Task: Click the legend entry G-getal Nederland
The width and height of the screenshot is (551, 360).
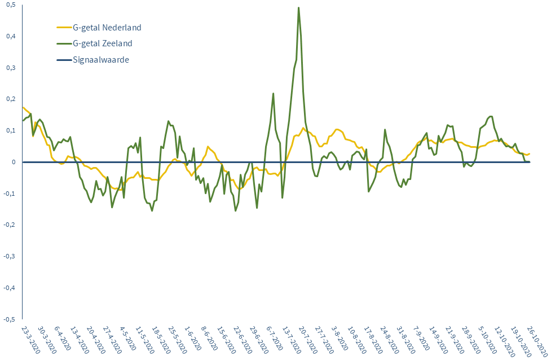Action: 107,27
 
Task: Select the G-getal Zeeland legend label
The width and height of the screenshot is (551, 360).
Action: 103,43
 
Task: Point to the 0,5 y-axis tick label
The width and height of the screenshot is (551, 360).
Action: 11,5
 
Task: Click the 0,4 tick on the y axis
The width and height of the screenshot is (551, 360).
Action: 11,37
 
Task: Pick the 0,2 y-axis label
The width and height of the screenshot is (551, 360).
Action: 11,99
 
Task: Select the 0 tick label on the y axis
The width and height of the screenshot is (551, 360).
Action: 14,162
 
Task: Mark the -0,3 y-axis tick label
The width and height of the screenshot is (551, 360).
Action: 10,256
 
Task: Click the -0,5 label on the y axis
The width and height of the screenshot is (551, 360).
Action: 10,319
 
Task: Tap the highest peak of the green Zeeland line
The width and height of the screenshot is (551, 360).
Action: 298,8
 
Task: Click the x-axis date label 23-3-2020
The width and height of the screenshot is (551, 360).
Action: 30,339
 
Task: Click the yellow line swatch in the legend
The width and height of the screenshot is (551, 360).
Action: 63,27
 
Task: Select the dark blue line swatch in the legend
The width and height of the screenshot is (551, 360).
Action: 63,59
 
